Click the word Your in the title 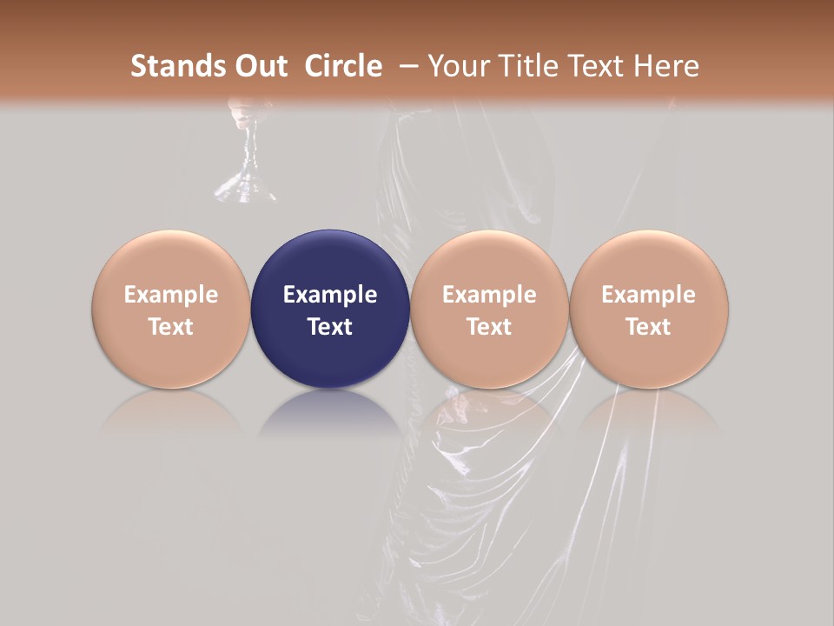click(457, 66)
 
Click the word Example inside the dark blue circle click(330, 295)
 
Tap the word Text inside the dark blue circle click(330, 327)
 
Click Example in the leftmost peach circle click(171, 295)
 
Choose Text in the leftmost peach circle click(171, 327)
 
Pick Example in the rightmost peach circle click(649, 295)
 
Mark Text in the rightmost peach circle click(649, 327)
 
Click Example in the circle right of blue click(489, 295)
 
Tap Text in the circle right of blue click(489, 327)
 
